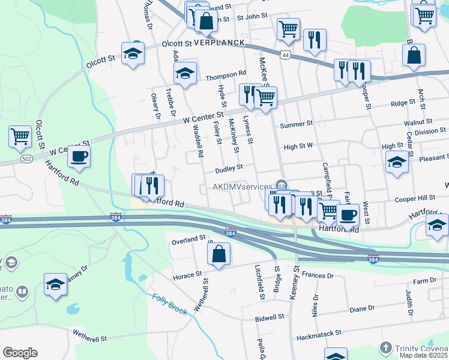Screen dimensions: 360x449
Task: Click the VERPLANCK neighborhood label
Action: coord(219,43)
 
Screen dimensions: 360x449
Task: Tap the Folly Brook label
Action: coord(170,304)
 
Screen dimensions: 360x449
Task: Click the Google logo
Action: coord(20,353)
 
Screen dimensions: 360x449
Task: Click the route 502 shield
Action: coord(26,158)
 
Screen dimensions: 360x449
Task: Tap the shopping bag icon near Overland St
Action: coord(218,254)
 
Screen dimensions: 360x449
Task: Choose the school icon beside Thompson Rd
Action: coord(185,73)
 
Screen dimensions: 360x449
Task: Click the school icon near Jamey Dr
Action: coord(55,285)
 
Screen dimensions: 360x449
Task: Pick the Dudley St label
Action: coord(229,168)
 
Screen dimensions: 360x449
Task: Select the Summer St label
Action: coord(297,124)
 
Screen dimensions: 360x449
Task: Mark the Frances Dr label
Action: coord(318,275)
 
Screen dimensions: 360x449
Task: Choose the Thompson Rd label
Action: coord(226,75)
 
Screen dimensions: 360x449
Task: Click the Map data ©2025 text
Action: coord(424,355)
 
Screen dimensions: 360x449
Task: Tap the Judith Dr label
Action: coord(409,304)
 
